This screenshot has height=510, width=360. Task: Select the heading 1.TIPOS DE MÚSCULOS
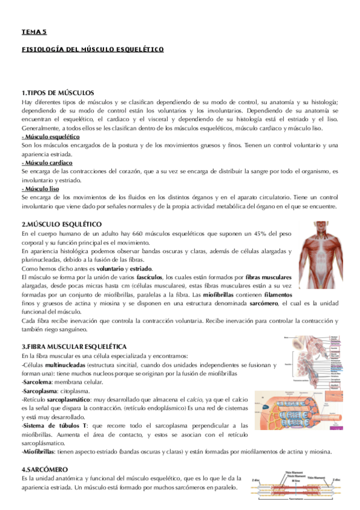[x=58, y=93]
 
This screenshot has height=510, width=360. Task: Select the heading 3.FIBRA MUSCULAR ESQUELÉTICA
[x=73, y=347]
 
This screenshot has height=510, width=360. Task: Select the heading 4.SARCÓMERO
[x=44, y=469]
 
